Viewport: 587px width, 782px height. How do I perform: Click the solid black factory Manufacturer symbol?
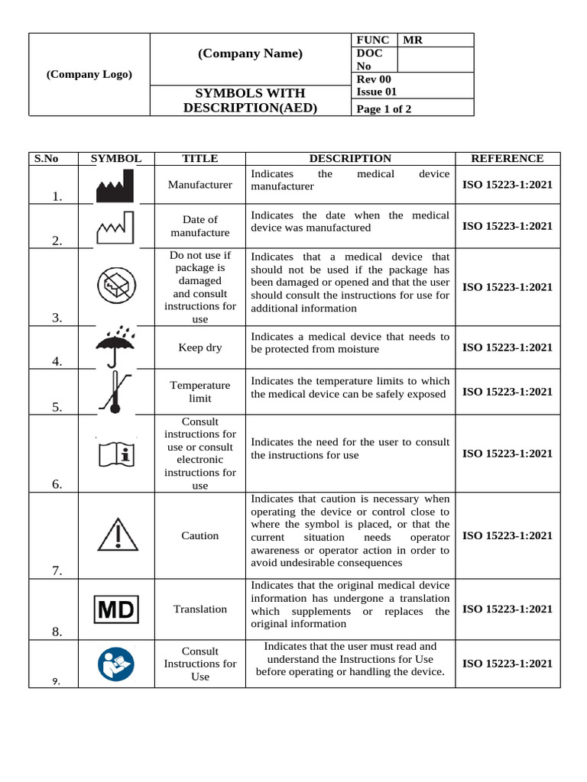point(115,186)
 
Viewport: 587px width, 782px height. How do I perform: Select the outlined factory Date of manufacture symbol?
point(115,228)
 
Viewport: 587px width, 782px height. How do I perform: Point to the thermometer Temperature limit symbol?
point(115,391)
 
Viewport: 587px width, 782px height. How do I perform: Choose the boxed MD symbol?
point(115,609)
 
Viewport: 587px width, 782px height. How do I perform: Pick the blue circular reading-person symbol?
point(116,664)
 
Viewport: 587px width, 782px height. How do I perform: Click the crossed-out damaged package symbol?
point(116,287)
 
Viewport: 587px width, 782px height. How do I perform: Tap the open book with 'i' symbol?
point(116,454)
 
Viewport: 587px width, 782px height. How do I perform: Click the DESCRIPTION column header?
point(349,159)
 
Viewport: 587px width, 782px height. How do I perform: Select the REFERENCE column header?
point(507,159)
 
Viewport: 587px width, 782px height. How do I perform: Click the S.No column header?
point(46,159)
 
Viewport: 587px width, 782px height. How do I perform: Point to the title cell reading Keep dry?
point(199,347)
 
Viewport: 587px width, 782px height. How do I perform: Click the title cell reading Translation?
point(199,609)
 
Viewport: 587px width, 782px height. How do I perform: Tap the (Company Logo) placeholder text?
point(89,74)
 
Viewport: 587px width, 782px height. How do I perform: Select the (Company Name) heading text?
point(250,53)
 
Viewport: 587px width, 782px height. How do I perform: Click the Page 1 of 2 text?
point(384,109)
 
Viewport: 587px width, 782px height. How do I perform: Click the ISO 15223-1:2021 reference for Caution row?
point(507,535)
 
